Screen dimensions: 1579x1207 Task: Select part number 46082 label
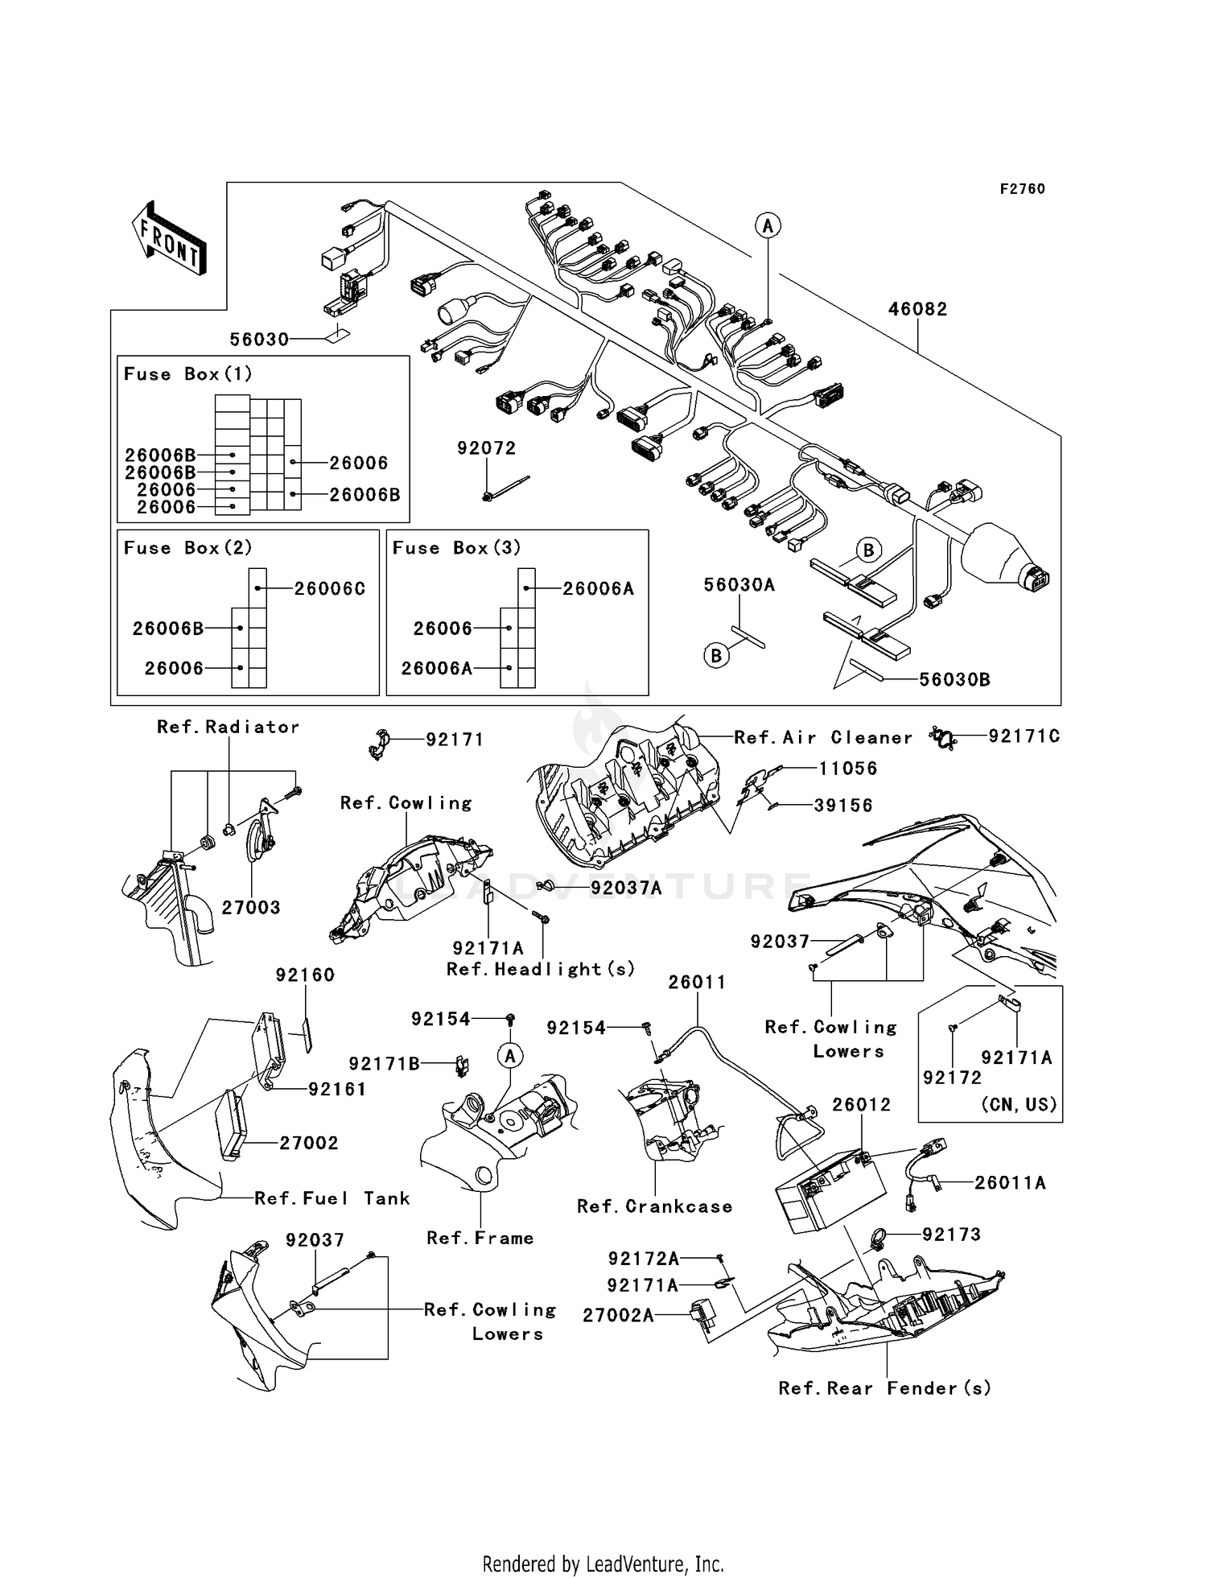click(917, 310)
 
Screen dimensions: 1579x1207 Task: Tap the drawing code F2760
click(1022, 189)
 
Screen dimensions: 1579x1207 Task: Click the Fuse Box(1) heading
click(187, 374)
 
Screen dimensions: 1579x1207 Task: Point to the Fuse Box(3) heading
click(456, 548)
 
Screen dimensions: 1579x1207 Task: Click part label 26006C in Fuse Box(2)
click(329, 589)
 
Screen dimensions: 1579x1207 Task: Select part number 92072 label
click(486, 448)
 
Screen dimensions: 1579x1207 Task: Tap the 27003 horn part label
click(251, 908)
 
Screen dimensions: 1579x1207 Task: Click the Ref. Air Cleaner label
click(823, 738)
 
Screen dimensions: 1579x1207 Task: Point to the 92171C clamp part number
click(1024, 736)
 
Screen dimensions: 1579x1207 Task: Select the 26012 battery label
click(861, 1105)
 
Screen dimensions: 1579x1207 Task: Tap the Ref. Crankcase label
click(654, 1206)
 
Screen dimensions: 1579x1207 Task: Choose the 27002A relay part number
click(618, 1315)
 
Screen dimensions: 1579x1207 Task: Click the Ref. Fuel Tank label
click(332, 1198)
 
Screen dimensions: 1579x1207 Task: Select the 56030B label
click(954, 680)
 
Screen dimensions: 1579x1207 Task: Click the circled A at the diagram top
click(768, 226)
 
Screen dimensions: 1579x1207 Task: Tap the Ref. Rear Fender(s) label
click(884, 1388)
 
